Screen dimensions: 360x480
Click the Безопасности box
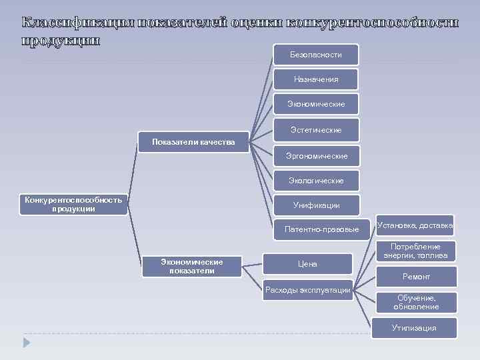point(316,55)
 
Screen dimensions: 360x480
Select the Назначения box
point(316,79)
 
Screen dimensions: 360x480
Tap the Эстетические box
point(316,129)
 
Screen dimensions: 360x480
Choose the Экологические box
point(316,181)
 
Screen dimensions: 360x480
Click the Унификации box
point(316,205)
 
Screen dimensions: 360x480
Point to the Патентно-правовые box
point(321,229)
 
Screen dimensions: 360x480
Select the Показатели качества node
point(193,142)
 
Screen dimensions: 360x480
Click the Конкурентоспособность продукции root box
point(73,205)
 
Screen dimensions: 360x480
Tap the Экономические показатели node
point(192,267)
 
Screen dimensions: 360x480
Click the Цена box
point(307,264)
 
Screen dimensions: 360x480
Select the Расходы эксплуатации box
point(307,289)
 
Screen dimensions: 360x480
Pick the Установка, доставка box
point(415,226)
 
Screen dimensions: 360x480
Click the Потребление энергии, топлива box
point(415,251)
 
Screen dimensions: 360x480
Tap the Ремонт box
point(416,277)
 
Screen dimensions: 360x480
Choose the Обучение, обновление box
point(416,303)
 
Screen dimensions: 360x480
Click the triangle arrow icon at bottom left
point(27,341)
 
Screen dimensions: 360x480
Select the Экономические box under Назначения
point(316,104)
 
